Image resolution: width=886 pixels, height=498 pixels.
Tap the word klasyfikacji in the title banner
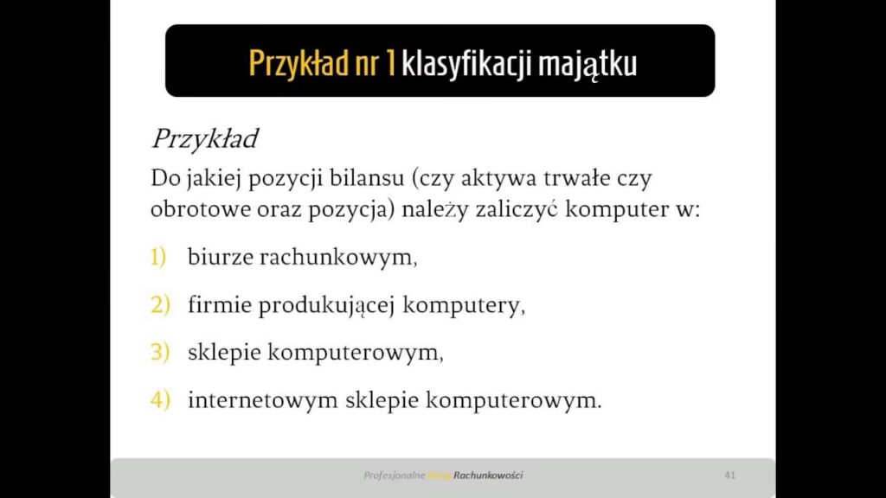click(466, 64)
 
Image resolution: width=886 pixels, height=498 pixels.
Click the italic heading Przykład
click(204, 138)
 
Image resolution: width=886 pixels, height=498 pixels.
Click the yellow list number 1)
click(158, 258)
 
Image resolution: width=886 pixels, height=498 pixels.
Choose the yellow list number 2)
click(160, 305)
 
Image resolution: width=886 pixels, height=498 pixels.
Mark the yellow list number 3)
click(160, 353)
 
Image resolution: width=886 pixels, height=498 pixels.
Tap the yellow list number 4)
click(160, 400)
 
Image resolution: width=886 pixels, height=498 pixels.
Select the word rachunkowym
click(338, 258)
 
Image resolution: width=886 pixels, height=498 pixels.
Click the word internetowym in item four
click(263, 400)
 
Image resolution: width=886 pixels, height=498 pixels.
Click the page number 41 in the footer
click(730, 476)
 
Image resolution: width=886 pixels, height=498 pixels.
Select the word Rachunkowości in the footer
click(488, 476)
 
